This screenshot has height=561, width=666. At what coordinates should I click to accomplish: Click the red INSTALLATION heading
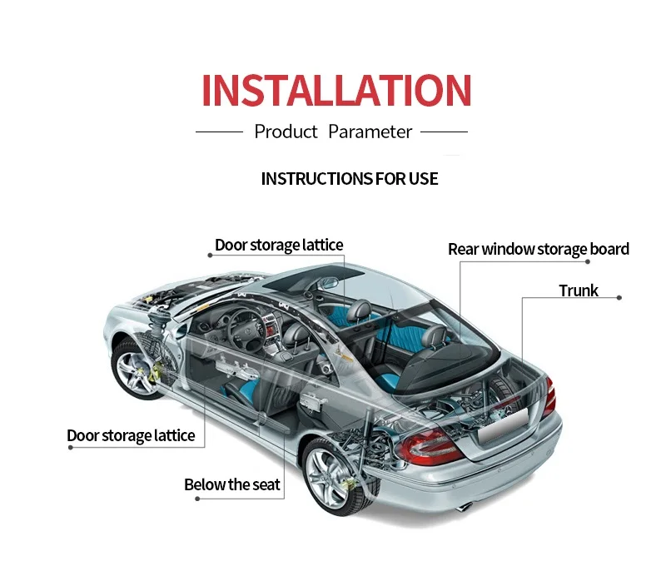(x=336, y=90)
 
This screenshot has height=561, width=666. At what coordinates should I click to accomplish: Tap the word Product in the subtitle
(x=286, y=132)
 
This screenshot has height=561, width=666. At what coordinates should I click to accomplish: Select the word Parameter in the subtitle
(x=370, y=132)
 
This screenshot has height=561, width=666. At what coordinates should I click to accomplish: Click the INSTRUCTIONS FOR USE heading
(x=350, y=179)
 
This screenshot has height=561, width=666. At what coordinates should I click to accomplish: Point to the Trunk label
(x=579, y=291)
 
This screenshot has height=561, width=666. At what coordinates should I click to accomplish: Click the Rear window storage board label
(x=539, y=249)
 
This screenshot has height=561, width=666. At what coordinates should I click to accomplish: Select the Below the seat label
(x=232, y=484)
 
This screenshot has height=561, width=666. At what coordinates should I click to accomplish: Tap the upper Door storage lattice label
(x=279, y=245)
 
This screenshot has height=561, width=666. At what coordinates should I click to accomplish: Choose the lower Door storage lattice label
(x=131, y=435)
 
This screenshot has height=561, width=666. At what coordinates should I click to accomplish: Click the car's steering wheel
(x=246, y=328)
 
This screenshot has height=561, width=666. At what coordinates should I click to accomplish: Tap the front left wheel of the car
(x=137, y=369)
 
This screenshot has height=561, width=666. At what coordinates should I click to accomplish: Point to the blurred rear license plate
(x=503, y=424)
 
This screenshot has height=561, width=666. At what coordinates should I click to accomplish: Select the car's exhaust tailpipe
(x=465, y=507)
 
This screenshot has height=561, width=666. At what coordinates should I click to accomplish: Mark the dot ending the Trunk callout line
(x=619, y=298)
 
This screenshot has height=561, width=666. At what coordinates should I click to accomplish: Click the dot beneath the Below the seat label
(x=197, y=499)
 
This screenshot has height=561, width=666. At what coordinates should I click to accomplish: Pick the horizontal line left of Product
(x=219, y=132)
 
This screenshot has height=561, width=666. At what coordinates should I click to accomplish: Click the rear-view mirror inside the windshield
(x=327, y=283)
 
